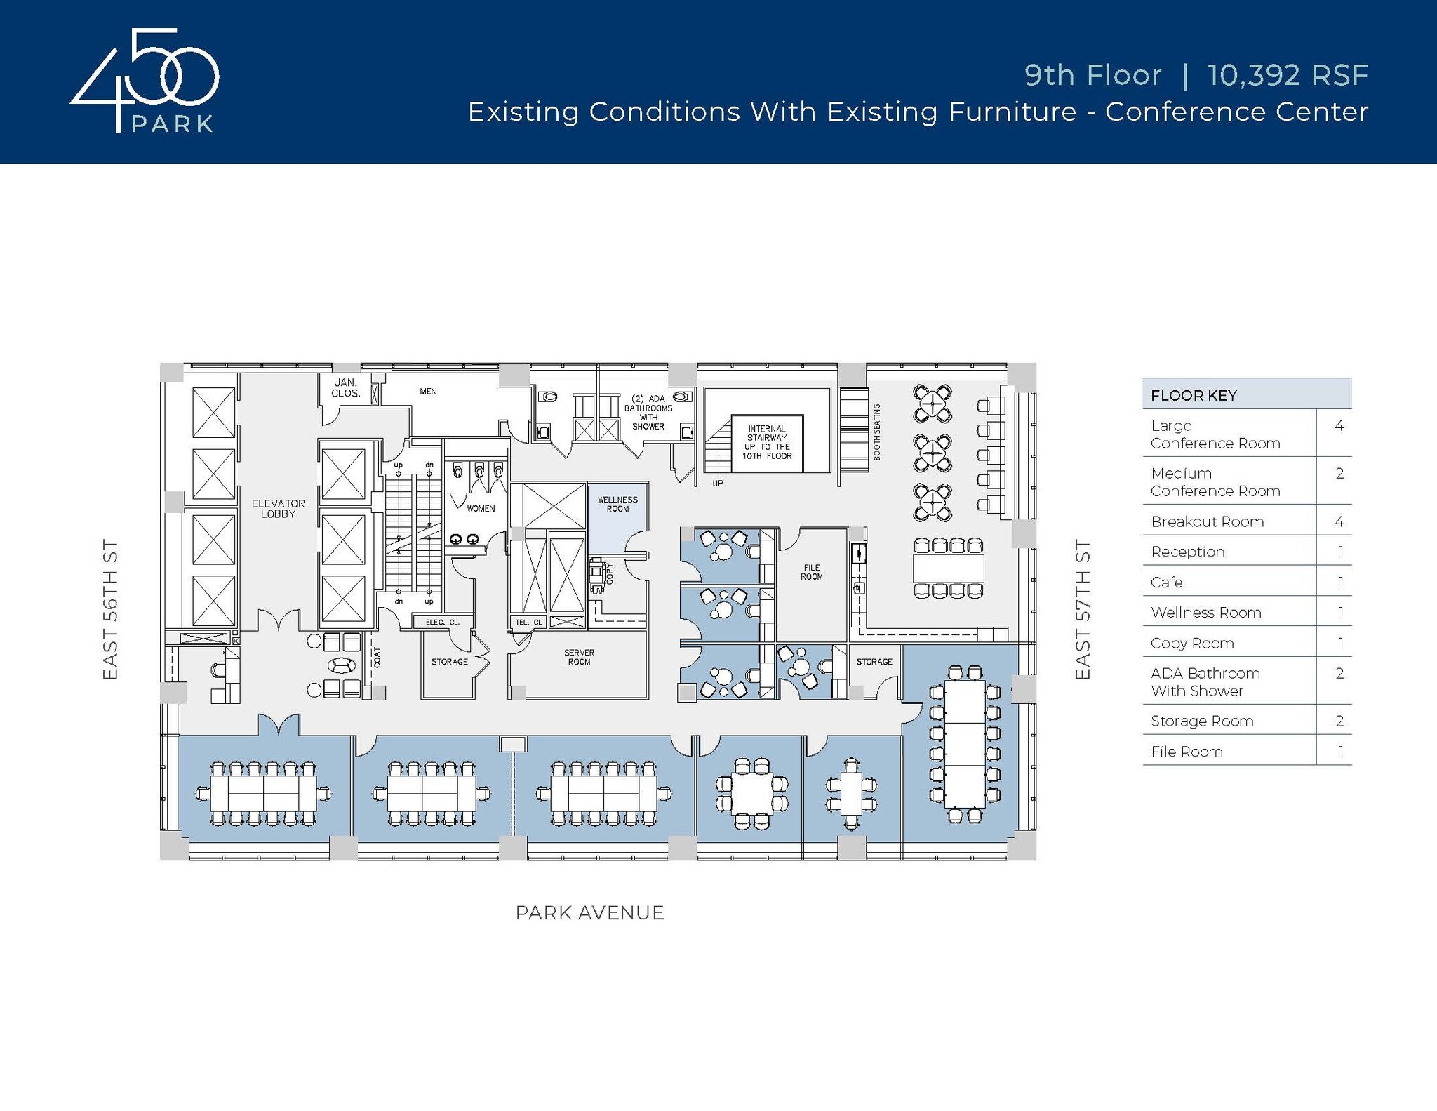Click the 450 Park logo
[x=145, y=81]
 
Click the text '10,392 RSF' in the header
[x=1287, y=76]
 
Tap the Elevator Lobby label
[x=279, y=509]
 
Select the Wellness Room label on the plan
[x=617, y=504]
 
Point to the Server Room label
[x=579, y=657]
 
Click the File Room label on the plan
[x=812, y=572]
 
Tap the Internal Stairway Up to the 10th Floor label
[x=767, y=442]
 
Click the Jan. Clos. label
[x=346, y=388]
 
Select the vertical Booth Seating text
[x=876, y=432]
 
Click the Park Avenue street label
[x=589, y=912]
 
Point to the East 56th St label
[x=110, y=609]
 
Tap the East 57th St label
[x=1083, y=609]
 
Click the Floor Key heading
[x=1194, y=395]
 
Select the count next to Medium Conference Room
[x=1339, y=474]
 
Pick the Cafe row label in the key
[x=1166, y=582]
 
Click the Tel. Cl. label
[x=528, y=623]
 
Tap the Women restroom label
[x=481, y=509]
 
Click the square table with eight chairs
[x=751, y=794]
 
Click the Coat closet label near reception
[x=377, y=658]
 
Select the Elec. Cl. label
[x=442, y=623]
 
